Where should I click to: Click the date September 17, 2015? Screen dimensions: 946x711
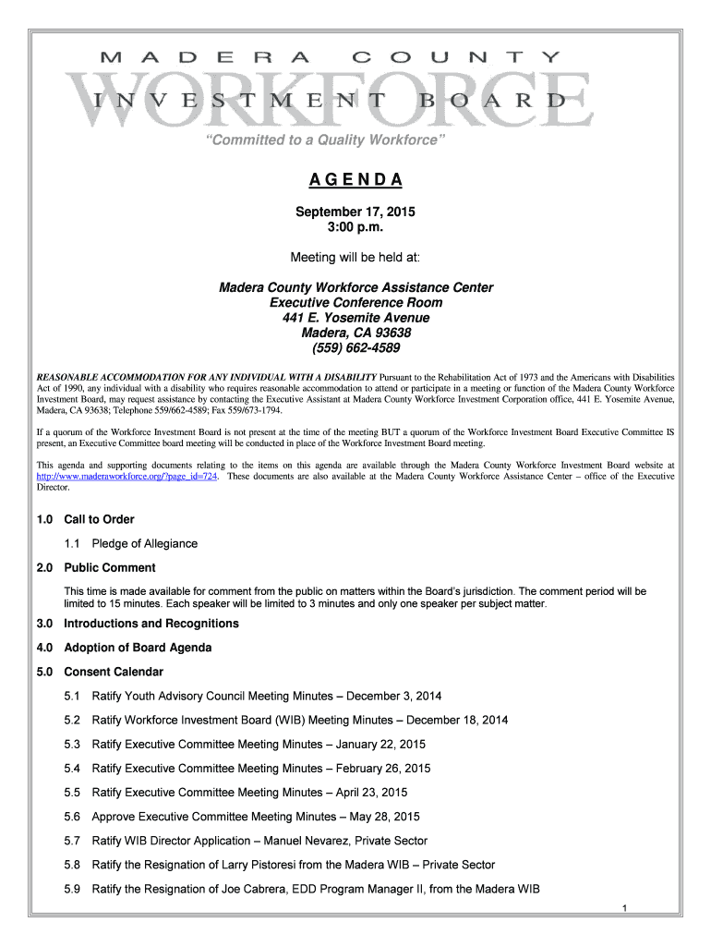(355, 212)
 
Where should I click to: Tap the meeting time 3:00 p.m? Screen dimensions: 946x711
(355, 227)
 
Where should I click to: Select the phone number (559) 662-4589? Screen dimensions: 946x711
(355, 348)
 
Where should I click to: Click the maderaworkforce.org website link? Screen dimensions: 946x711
(127, 477)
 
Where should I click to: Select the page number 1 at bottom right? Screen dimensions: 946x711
(625, 909)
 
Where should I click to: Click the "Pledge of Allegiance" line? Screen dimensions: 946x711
(145, 543)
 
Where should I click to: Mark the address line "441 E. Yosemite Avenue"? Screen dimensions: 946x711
(355, 318)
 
